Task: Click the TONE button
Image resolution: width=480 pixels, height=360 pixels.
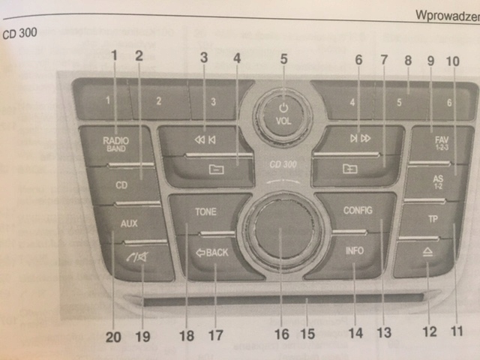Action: click(205, 212)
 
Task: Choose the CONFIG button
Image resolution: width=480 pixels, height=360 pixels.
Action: click(358, 211)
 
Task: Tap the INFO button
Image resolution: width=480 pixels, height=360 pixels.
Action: click(355, 252)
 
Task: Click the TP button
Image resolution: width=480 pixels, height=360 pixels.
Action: click(433, 220)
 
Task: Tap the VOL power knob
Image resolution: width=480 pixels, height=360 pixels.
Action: click(283, 115)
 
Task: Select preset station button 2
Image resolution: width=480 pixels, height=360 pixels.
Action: click(158, 100)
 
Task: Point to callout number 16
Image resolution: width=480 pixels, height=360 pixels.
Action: click(281, 334)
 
